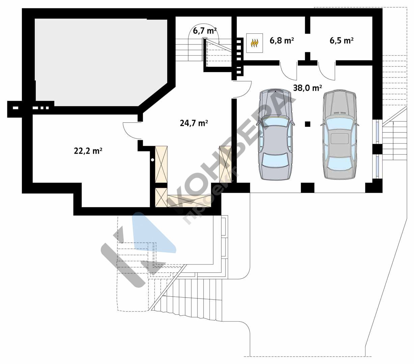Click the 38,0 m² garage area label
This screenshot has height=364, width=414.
[x=307, y=88]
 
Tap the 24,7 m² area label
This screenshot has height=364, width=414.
[x=194, y=123]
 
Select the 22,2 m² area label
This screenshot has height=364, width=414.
[x=88, y=151]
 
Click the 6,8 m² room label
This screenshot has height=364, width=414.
[x=282, y=41]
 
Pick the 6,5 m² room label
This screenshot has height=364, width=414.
[x=341, y=41]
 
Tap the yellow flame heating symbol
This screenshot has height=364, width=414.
[x=254, y=43]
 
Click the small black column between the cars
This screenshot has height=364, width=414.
[x=307, y=124]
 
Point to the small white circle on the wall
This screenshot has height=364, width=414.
[x=153, y=160]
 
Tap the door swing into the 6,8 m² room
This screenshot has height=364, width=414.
[x=288, y=70]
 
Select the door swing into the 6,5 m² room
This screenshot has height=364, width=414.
[x=327, y=70]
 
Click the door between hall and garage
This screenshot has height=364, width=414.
[x=242, y=89]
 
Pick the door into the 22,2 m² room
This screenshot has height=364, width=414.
[x=132, y=131]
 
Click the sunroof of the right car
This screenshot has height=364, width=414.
[x=340, y=139]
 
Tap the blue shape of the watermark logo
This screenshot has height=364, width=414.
[x=152, y=233]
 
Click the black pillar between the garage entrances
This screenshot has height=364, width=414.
[x=307, y=188]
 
